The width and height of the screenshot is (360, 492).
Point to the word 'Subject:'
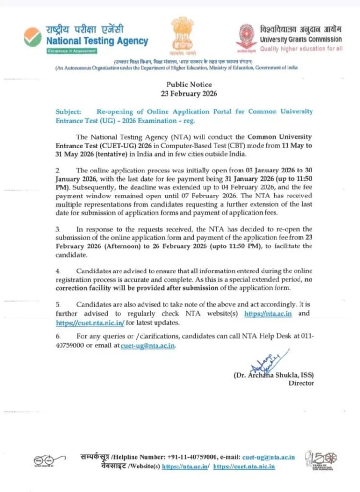pos(68,111)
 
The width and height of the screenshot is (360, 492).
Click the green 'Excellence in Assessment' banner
pos(71,51)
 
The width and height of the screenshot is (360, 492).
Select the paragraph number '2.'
pos(58,170)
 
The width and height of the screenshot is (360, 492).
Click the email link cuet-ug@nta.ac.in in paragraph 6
pos(148,345)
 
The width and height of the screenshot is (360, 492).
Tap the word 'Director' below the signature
pos(301,383)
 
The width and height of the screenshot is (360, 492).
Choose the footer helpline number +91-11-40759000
pos(192,457)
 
